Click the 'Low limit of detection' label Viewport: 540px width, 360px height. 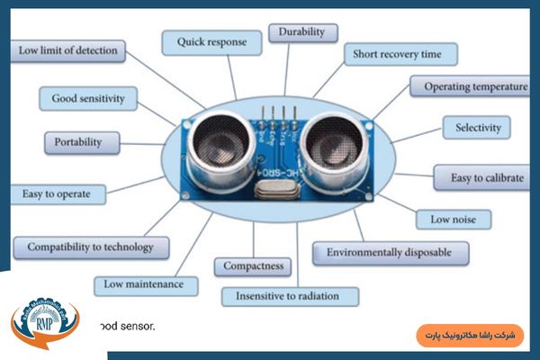point(67,50)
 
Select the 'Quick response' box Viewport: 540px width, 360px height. point(211,41)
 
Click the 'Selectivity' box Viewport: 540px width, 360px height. point(477,127)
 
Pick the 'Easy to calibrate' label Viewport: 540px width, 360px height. point(486,177)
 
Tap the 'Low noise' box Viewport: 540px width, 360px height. point(453,219)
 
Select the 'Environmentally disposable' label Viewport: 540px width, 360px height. point(390,253)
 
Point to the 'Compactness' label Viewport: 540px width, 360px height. point(252,266)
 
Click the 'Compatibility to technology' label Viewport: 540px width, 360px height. point(89,247)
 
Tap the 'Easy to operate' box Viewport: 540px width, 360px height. point(57,193)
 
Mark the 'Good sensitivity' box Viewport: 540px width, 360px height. point(88,98)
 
